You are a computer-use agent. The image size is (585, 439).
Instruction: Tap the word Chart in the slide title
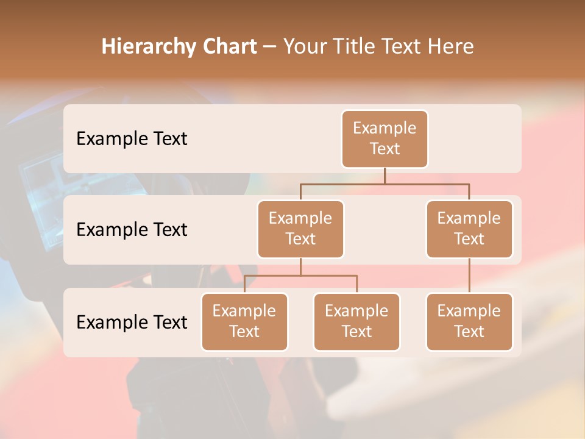229,47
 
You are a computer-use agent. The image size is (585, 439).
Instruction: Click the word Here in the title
452,47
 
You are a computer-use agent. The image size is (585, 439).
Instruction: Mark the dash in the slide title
269,47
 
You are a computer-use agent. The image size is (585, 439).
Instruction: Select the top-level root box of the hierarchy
385,138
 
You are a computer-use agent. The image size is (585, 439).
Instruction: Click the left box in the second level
300,229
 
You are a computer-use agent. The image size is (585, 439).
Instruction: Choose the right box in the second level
469,229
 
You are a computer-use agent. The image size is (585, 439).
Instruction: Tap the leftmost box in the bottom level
244,321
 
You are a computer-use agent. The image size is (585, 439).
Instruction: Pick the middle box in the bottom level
356,321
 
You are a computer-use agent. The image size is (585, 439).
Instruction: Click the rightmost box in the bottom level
469,321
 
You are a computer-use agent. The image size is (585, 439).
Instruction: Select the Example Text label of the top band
132,139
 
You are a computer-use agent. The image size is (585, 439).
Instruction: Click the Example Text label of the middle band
132,230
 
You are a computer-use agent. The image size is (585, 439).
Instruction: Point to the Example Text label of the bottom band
132,323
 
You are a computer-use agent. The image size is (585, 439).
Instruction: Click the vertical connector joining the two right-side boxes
469,276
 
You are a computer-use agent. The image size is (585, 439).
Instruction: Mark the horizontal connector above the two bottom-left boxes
300,276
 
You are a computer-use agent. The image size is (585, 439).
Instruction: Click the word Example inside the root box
385,128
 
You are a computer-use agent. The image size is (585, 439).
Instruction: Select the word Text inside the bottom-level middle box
356,332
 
